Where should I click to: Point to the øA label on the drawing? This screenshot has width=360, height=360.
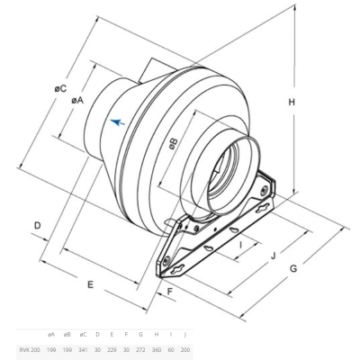pos(77,101)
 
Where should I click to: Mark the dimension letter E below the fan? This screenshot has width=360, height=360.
pos(90,284)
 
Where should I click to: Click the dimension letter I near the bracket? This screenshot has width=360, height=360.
pos(240,243)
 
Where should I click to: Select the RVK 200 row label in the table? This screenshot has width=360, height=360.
pos(29,348)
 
